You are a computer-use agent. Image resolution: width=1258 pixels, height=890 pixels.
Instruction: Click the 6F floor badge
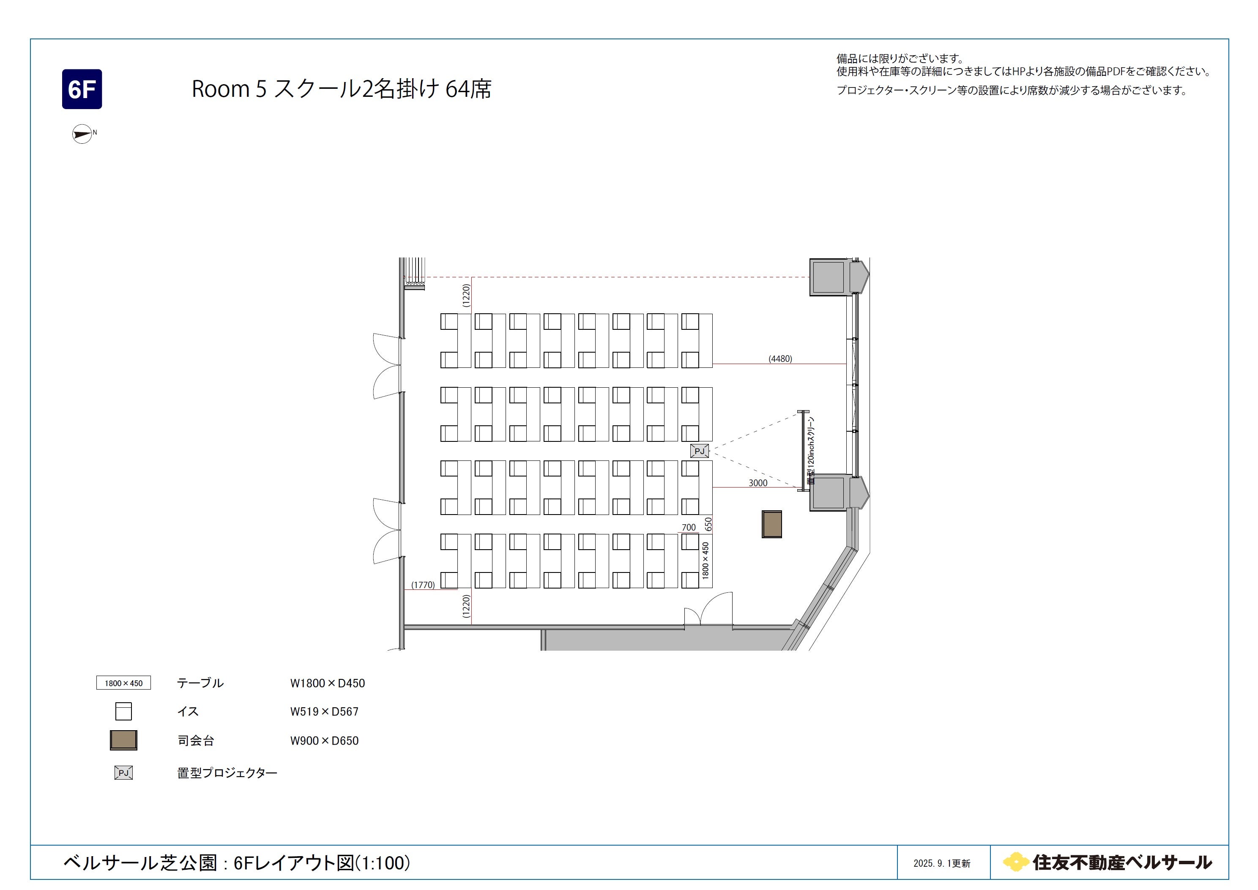click(82, 89)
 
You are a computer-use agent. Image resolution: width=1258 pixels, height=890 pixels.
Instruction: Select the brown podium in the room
click(771, 524)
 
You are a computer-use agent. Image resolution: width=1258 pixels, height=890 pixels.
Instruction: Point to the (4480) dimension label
click(780, 359)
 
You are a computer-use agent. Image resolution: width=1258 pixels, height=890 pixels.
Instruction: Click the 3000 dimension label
click(758, 483)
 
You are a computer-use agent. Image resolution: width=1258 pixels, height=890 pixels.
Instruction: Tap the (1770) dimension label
click(423, 585)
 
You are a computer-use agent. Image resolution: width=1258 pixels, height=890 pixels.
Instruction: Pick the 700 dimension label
click(689, 527)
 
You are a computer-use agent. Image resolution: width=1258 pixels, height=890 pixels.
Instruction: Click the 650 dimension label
click(708, 524)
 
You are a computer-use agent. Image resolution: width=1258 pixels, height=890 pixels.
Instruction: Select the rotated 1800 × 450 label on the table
click(705, 561)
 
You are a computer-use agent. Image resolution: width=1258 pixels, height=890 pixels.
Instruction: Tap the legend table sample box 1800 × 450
click(124, 683)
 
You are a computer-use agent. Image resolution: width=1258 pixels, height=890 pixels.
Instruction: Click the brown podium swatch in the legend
click(123, 740)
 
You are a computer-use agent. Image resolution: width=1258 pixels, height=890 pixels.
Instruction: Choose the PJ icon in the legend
click(123, 773)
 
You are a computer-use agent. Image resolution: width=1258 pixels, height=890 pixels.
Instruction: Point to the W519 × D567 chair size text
click(324, 711)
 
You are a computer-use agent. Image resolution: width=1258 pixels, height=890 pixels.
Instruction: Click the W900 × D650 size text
click(324, 740)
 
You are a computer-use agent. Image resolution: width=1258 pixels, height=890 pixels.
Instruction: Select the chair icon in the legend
click(123, 711)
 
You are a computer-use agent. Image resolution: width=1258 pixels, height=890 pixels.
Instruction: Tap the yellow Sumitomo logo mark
click(1015, 862)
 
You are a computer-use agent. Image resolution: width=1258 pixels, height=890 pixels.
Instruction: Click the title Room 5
click(229, 89)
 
